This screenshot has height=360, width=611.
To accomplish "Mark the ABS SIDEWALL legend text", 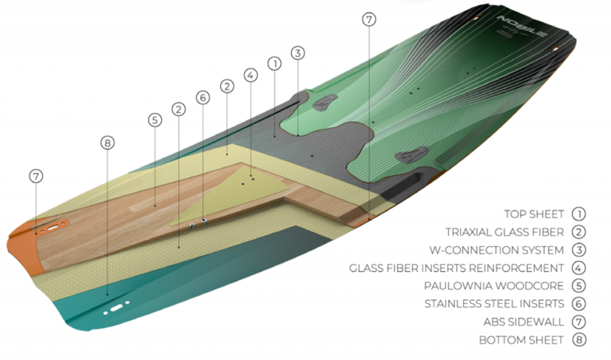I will pyautogui.click(x=524, y=322).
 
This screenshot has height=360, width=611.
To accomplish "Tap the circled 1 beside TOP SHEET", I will pyautogui.click(x=578, y=214).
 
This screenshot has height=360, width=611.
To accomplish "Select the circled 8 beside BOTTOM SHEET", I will pyautogui.click(x=578, y=340).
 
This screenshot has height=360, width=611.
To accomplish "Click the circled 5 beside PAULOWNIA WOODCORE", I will pyautogui.click(x=578, y=285).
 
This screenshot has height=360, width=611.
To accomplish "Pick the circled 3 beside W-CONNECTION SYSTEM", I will pyautogui.click(x=578, y=250).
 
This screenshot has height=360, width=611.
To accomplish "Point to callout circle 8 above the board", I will pyautogui.click(x=108, y=143).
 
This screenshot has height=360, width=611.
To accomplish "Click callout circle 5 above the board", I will pyautogui.click(x=154, y=119).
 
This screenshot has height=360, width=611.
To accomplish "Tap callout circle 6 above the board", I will pyautogui.click(x=203, y=98).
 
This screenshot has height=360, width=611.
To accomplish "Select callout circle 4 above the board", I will pyautogui.click(x=250, y=75).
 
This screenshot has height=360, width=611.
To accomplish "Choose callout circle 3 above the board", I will pyautogui.click(x=297, y=53).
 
